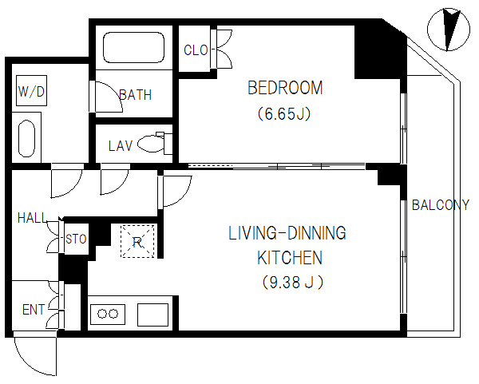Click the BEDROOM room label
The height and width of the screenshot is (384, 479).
(x=285, y=88)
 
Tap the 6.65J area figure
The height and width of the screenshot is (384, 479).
(x=284, y=114)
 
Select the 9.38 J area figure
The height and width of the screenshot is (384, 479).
(x=293, y=283)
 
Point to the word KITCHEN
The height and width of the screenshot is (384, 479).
(x=290, y=258)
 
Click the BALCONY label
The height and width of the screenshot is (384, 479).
(x=440, y=205)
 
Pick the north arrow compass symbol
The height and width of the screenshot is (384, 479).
(x=449, y=30)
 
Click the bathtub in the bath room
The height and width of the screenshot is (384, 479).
(x=134, y=48)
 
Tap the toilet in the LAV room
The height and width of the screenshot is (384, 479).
(x=155, y=143)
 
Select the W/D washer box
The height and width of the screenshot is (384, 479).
(x=31, y=91)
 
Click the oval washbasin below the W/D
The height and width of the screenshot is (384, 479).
(x=27, y=139)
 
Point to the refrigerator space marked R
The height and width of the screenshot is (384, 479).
(x=137, y=241)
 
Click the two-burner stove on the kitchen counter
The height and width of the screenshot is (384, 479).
(x=108, y=314)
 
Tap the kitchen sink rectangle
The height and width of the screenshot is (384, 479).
(x=152, y=315)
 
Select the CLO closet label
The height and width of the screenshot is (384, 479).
(x=196, y=50)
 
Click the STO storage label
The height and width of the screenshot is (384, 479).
(x=76, y=239)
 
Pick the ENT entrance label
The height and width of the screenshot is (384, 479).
(x=34, y=310)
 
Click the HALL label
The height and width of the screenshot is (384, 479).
(x=33, y=218)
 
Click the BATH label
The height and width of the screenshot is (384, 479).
(x=136, y=95)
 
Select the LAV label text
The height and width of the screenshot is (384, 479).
(x=121, y=146)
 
